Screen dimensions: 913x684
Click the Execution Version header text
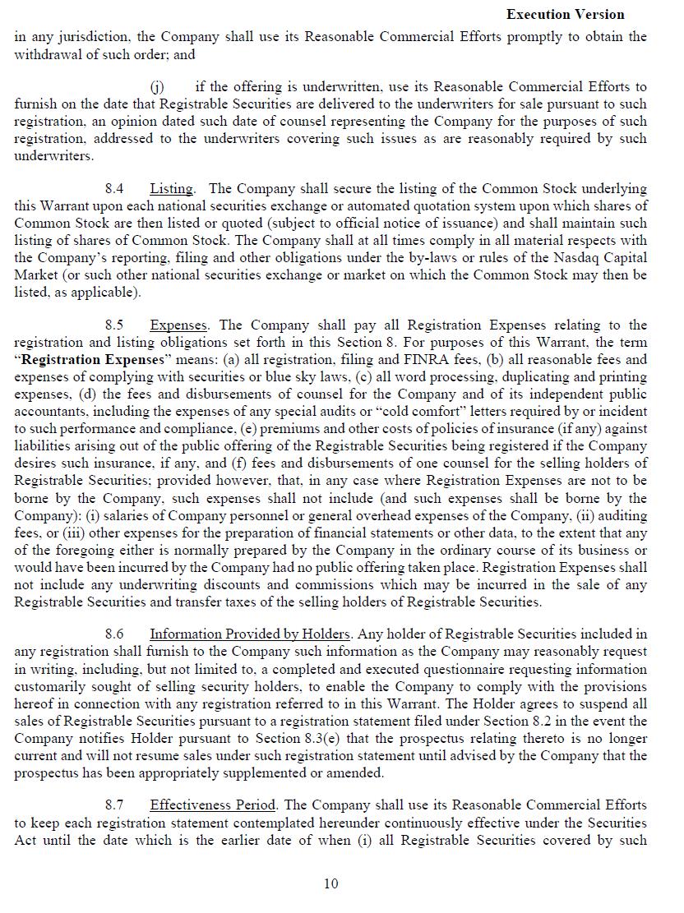point(565,14)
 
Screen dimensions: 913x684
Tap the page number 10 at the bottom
point(330,883)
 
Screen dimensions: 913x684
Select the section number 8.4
point(114,188)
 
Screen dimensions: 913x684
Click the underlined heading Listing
point(171,188)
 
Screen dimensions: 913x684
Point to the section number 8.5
point(114,325)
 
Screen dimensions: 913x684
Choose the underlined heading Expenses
point(178,325)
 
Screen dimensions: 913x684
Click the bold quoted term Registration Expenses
point(95,359)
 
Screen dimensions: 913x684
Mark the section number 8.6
point(114,634)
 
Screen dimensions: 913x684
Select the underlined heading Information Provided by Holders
point(250,634)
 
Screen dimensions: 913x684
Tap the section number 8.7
point(114,805)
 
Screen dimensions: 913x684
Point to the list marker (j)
point(156,86)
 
